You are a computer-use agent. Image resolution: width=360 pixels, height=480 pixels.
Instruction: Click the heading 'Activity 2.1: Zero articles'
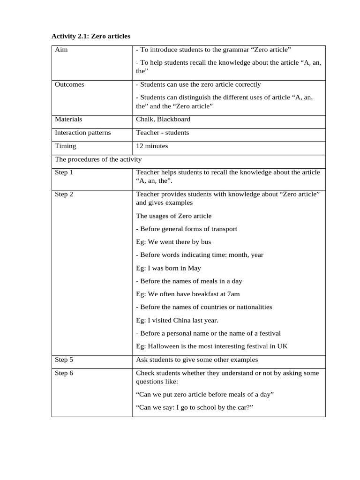[x=91, y=36]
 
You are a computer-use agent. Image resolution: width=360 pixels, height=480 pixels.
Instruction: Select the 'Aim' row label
[x=61, y=50]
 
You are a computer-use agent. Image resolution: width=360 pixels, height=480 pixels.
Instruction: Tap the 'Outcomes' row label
[x=70, y=84]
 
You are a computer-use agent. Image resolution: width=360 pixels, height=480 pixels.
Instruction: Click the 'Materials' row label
[x=68, y=119]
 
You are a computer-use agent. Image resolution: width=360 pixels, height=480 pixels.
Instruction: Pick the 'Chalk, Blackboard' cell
[x=163, y=119]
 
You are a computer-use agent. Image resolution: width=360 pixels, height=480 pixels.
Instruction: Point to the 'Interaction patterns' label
[x=83, y=133]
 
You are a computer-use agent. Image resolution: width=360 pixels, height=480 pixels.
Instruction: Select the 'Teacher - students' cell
[x=162, y=133]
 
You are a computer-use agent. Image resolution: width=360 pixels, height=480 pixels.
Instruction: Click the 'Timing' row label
[x=66, y=146]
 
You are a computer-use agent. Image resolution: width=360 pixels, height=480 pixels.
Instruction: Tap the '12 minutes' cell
[x=152, y=146]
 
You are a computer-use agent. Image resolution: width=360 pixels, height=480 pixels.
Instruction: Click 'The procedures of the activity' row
[x=98, y=159]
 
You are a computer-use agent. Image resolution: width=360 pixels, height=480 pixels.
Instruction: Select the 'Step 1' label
[x=64, y=172]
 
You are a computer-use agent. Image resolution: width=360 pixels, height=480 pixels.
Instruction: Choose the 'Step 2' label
[x=64, y=194]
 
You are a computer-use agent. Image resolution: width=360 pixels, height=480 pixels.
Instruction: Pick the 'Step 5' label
[x=64, y=360]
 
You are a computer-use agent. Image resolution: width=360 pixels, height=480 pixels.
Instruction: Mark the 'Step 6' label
[x=64, y=373]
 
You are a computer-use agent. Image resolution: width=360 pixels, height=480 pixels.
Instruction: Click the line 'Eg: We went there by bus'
[x=173, y=242]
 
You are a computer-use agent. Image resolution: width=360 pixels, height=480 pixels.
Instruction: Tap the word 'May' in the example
[x=194, y=268]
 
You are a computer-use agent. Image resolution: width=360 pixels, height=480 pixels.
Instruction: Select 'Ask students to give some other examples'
[x=197, y=360]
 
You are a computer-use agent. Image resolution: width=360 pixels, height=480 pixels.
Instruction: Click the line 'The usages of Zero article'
[x=173, y=216]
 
